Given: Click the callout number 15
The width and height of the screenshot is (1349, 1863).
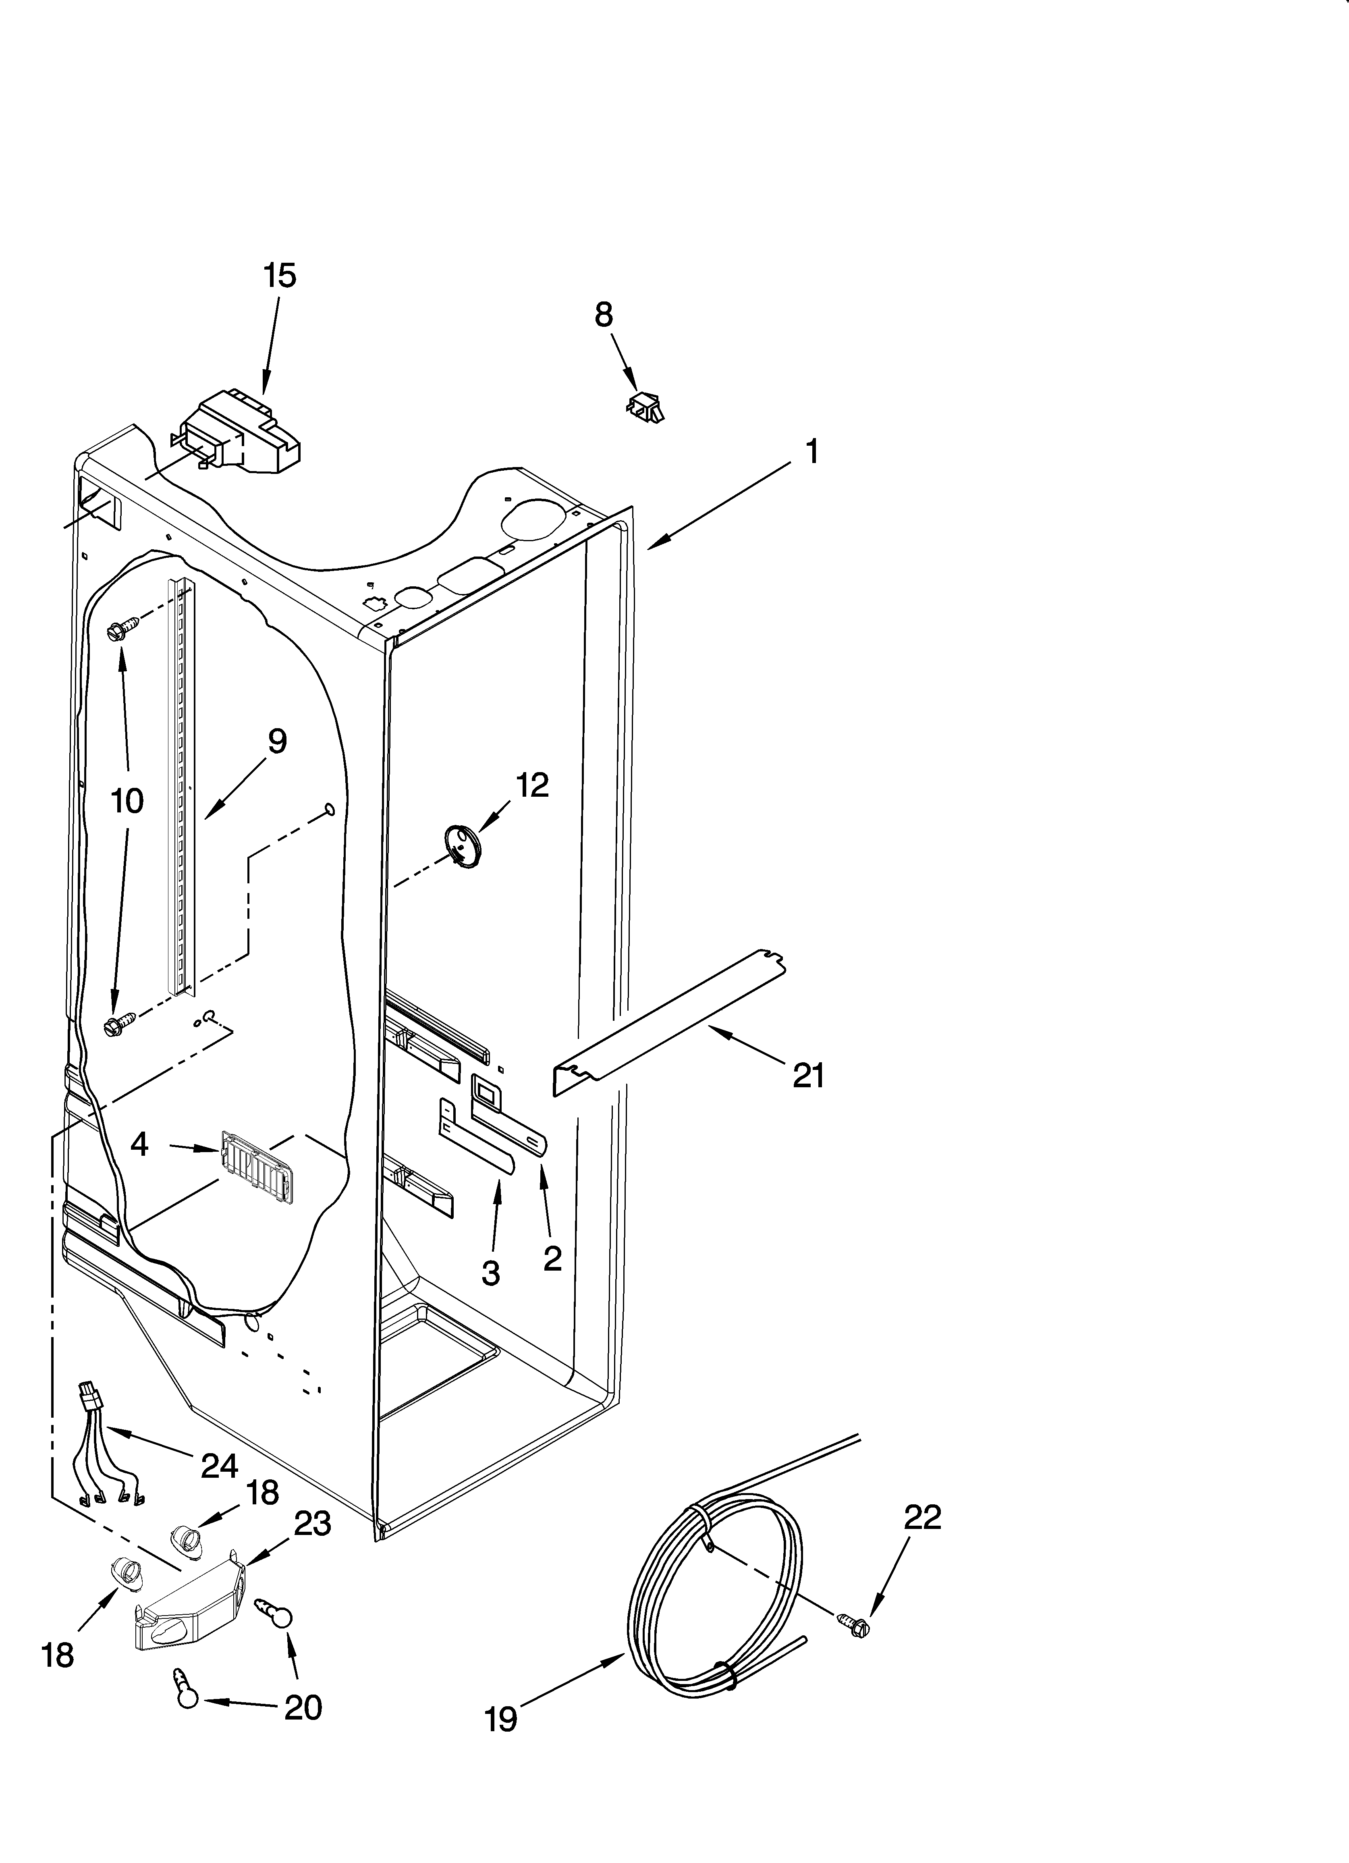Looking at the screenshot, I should click(x=279, y=276).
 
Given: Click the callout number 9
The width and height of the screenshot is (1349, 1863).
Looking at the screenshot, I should click(x=277, y=742).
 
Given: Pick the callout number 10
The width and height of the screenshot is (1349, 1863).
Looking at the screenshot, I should click(x=127, y=801).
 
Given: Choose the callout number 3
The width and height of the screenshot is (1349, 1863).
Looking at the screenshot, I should click(x=490, y=1274).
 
